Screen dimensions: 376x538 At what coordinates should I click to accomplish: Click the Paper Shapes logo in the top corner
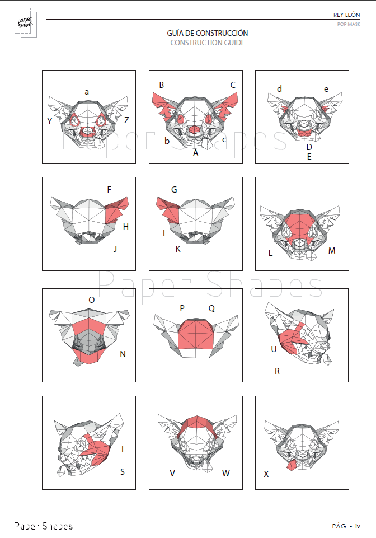click(x=25, y=22)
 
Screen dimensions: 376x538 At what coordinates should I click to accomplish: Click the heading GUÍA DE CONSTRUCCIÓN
click(x=208, y=33)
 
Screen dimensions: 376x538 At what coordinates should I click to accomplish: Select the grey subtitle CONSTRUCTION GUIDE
click(x=208, y=43)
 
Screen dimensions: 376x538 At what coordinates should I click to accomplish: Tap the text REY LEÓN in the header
click(x=346, y=15)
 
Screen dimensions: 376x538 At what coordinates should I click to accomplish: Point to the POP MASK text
click(x=349, y=24)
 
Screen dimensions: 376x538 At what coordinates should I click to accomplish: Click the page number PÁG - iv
click(x=346, y=526)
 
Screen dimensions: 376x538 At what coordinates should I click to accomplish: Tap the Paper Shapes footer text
click(x=43, y=526)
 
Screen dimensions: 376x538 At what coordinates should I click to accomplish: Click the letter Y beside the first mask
click(x=50, y=121)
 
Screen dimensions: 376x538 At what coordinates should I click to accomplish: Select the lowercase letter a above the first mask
click(x=87, y=92)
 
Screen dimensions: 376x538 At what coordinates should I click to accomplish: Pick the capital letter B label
click(x=162, y=85)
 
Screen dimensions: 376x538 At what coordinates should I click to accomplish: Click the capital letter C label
click(x=233, y=85)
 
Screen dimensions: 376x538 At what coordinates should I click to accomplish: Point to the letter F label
click(x=109, y=190)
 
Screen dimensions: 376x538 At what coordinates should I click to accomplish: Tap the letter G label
click(x=174, y=190)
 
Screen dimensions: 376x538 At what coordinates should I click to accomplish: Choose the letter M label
click(x=332, y=251)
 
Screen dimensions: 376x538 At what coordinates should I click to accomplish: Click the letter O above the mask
click(x=92, y=300)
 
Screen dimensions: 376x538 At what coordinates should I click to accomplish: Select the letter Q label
click(x=211, y=308)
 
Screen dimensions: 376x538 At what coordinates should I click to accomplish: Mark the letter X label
click(x=266, y=474)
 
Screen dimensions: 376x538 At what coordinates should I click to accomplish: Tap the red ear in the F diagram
click(x=116, y=210)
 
